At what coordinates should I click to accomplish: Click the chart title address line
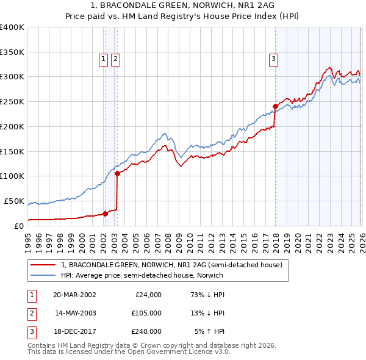coord(182,5)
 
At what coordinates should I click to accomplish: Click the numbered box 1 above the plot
coord(104,59)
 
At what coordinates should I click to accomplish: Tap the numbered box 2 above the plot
coord(115,59)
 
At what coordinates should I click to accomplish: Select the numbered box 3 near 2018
coord(274,59)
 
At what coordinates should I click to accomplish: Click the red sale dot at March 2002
coord(105,214)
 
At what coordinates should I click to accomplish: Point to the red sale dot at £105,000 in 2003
coord(117,173)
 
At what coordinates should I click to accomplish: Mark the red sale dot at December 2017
coord(275,106)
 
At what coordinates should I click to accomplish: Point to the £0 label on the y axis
coord(18,225)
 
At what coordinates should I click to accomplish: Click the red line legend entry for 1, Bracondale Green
coord(171,265)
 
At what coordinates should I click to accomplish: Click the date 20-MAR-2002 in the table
coord(74,294)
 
